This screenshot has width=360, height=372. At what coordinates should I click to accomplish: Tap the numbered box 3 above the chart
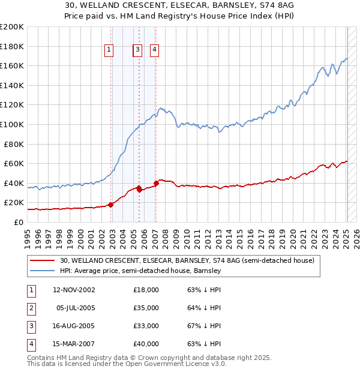tap(137, 50)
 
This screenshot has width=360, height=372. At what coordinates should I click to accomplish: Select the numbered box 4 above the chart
tap(154, 50)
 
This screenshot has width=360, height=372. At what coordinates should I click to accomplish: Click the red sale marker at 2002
tap(111, 205)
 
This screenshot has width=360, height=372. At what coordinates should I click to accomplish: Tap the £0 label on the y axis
tap(19, 222)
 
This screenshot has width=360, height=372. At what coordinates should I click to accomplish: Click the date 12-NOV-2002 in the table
tap(74, 290)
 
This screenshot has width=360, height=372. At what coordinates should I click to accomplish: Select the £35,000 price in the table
tap(146, 308)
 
